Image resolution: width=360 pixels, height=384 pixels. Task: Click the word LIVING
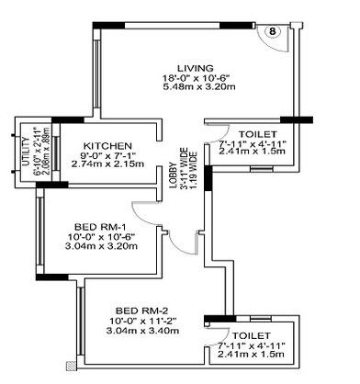coord(196,68)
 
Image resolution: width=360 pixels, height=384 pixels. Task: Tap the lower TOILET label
coord(253,336)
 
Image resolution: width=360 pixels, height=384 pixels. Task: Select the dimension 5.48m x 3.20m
coord(196,90)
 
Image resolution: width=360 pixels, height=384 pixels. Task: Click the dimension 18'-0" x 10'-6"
coord(196,79)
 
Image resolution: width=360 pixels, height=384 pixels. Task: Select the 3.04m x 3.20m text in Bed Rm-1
coord(103,247)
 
